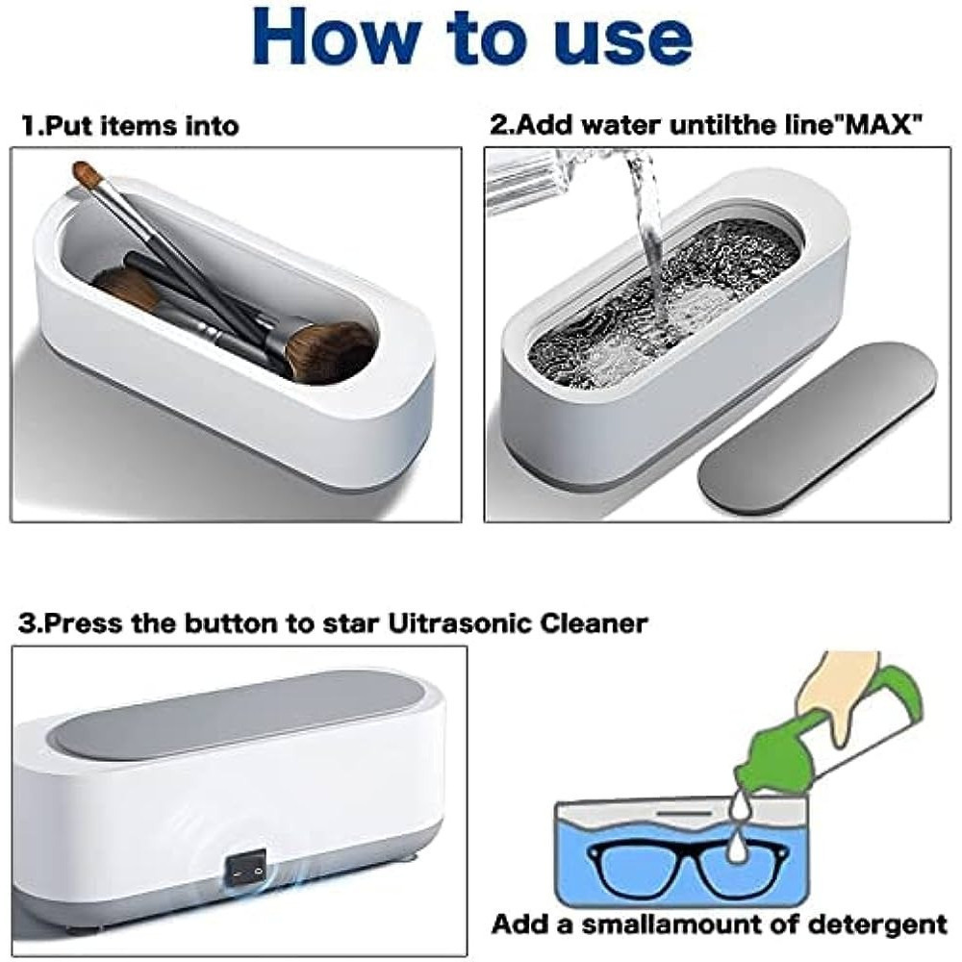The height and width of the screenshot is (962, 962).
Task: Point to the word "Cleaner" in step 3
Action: tap(593, 623)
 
